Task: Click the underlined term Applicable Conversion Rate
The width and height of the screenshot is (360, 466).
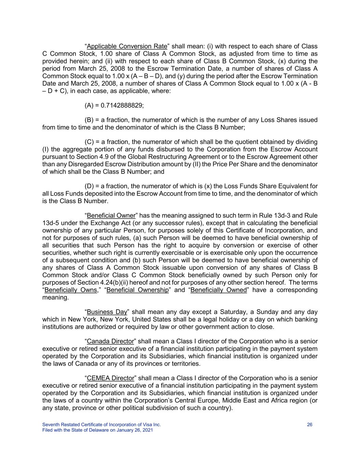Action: click(127, 46)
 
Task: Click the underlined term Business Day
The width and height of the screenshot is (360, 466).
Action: click(107, 312)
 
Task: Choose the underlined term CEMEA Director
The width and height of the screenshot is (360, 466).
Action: click(111, 378)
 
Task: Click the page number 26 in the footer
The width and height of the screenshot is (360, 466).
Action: click(310, 425)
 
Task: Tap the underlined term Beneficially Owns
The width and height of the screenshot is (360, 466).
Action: click(71, 290)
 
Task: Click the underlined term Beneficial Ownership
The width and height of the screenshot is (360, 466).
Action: click(138, 290)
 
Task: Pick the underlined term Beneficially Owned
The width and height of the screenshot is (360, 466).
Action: click(218, 290)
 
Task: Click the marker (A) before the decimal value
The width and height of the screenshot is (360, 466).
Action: click(89, 105)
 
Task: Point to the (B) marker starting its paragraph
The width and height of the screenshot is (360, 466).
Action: click(89, 120)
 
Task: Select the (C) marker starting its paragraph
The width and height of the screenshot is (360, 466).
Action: click(90, 142)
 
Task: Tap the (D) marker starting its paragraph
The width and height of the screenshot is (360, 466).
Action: click(90, 186)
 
